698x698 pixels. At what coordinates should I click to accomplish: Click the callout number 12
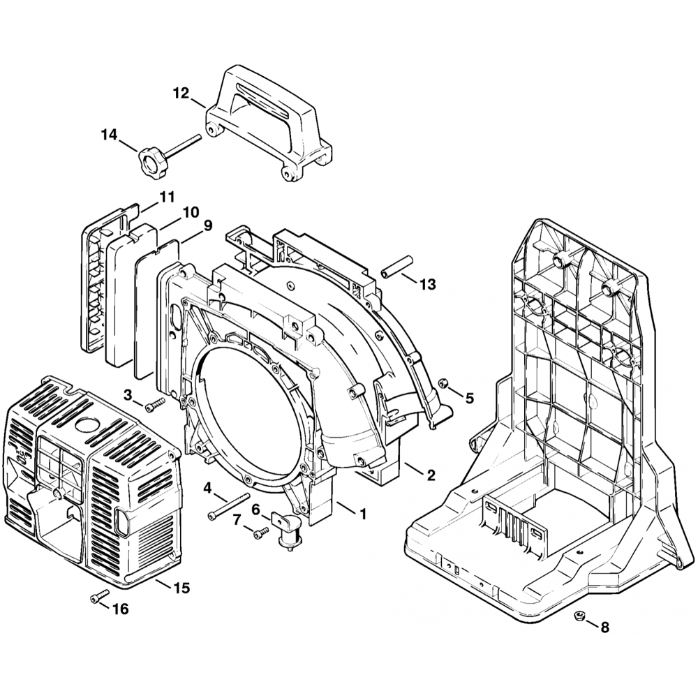coord(181,93)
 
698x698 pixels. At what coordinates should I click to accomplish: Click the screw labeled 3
coord(154,404)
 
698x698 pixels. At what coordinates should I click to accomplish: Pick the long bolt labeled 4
coord(229,505)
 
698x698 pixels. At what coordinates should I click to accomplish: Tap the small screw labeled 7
coord(260,533)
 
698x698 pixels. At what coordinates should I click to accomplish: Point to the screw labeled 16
coord(99,596)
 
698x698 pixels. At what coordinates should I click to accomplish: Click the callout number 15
coord(181,588)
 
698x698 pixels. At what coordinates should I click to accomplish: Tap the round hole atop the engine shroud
coord(88,425)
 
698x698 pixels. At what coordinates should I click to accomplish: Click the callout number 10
coord(191,211)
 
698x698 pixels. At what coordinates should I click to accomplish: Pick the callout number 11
coord(167,198)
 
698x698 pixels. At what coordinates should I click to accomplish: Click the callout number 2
coord(431,475)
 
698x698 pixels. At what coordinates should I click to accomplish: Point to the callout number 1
coord(362,514)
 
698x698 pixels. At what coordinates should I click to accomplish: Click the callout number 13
coord(427,284)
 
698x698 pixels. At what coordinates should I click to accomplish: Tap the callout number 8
coord(604,628)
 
